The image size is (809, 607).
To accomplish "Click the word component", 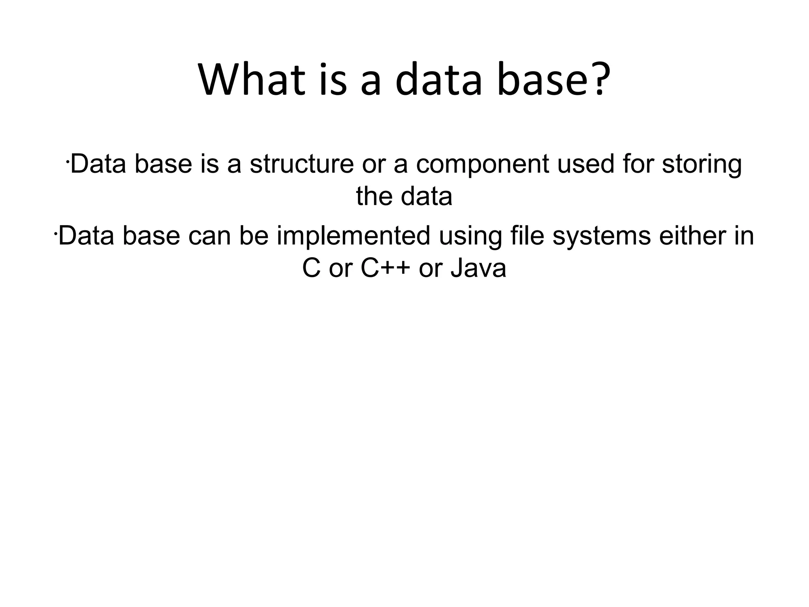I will [482, 164].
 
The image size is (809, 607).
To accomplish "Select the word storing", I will [702, 164].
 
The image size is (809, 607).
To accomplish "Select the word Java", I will [478, 269].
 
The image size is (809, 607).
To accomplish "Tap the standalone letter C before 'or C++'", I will [311, 269].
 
